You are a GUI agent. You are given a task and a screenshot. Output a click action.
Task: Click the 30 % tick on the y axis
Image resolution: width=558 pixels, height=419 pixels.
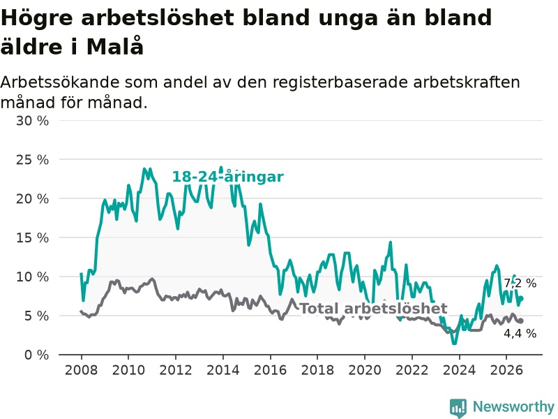pyautogui.click(x=32, y=121)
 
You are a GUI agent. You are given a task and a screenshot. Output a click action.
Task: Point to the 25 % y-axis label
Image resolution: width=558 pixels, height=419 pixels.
pyautogui.click(x=32, y=160)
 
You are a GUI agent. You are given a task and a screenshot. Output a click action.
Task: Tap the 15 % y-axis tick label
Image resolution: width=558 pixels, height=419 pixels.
pyautogui.click(x=32, y=237)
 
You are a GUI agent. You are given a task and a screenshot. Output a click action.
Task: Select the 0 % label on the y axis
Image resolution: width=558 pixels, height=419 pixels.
pyautogui.click(x=36, y=355)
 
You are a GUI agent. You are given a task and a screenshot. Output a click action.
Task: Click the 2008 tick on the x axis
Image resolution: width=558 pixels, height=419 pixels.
pyautogui.click(x=81, y=370)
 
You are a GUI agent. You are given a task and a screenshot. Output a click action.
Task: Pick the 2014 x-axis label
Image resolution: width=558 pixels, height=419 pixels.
pyautogui.click(x=223, y=370)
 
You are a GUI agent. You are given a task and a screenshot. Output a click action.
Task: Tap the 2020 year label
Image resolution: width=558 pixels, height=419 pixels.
pyautogui.click(x=364, y=370)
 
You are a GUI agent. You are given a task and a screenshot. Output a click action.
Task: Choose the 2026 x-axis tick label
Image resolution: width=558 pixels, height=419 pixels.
pyautogui.click(x=506, y=370)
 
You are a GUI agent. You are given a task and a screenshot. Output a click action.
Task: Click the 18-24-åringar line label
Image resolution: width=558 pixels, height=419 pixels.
pyautogui.click(x=228, y=177)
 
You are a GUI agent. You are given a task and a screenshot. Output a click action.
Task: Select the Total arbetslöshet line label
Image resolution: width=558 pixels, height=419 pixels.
pyautogui.click(x=373, y=309)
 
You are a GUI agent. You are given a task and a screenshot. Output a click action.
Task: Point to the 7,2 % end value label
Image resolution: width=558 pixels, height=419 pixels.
pyautogui.click(x=520, y=284)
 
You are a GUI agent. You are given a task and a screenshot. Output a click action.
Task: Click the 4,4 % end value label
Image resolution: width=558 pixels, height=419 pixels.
pyautogui.click(x=520, y=334)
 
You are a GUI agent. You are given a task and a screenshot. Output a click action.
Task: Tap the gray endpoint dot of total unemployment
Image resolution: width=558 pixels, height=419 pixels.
pyautogui.click(x=521, y=321)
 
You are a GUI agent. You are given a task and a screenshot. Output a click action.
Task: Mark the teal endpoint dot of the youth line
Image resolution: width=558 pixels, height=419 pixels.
pyautogui.click(x=521, y=299)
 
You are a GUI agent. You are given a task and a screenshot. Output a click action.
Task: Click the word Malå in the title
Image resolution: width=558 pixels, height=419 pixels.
pyautogui.click(x=115, y=46)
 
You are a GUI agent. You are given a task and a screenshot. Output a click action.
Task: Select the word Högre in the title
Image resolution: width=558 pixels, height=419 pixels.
pyautogui.click(x=37, y=18)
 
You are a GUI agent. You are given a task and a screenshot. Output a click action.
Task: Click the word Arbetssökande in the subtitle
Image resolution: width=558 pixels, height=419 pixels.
pyautogui.click(x=60, y=82)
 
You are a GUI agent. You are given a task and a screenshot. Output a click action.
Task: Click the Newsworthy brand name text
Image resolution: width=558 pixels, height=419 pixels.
pyautogui.click(x=513, y=406)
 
